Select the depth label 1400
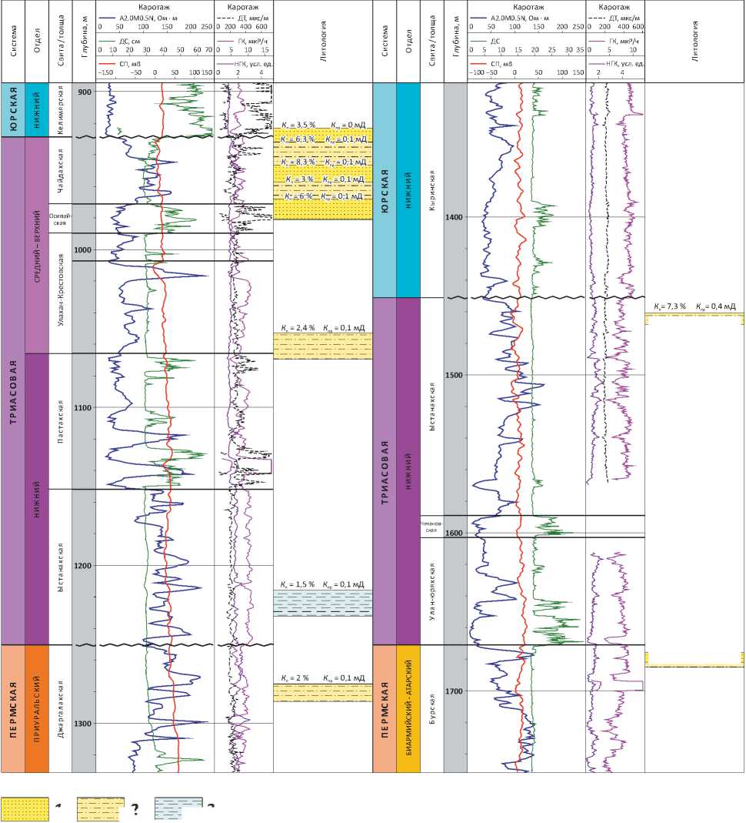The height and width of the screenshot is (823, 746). (x=455, y=217)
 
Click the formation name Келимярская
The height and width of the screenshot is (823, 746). (x=60, y=110)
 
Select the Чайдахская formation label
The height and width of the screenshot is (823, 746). (x=60, y=170)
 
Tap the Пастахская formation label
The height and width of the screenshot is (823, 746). (x=60, y=420)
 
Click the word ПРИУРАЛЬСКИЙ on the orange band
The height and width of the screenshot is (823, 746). (x=37, y=708)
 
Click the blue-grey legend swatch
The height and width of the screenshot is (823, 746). (x=178, y=808)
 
